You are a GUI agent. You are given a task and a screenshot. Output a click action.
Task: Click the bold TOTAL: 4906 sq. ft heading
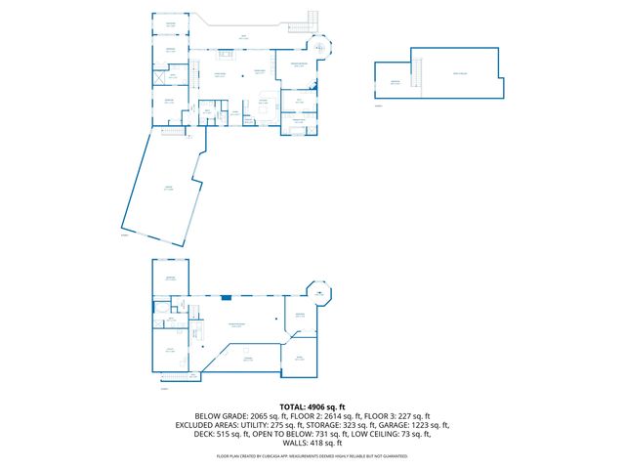click(x=312, y=405)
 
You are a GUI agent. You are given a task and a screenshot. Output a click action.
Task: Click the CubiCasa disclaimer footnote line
click(x=312, y=455)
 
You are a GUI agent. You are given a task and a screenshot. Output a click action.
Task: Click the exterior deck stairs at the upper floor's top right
click(x=313, y=20)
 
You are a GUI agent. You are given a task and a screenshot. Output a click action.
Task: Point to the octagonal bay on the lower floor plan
click(x=319, y=291)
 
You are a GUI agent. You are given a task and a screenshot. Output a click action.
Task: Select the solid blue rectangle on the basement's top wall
click(x=226, y=297)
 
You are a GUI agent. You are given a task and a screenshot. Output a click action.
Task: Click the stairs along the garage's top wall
click(x=172, y=130)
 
